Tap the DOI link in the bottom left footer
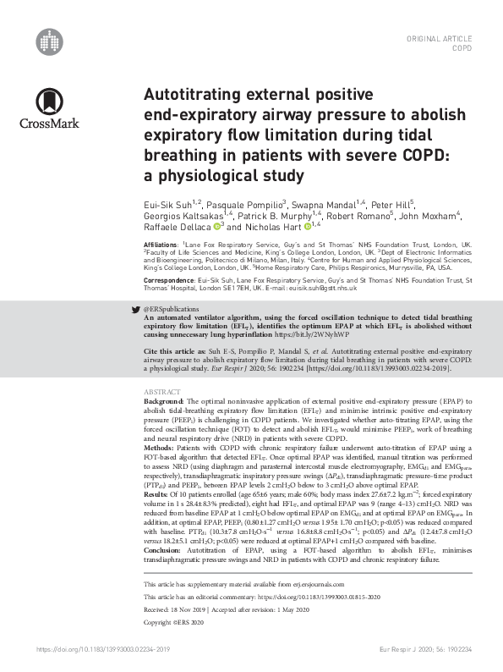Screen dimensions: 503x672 tap(104, 648)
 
